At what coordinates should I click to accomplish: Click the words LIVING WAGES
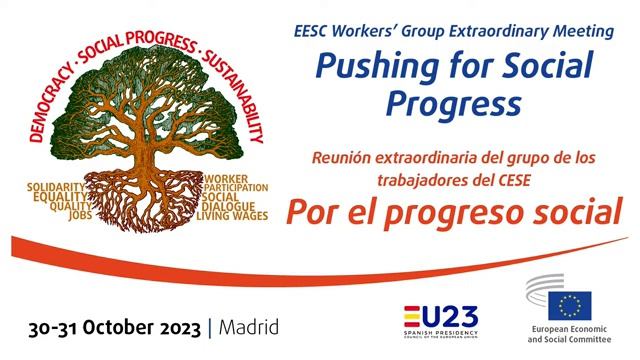(x=232, y=215)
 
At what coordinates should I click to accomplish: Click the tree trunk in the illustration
(x=150, y=150)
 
